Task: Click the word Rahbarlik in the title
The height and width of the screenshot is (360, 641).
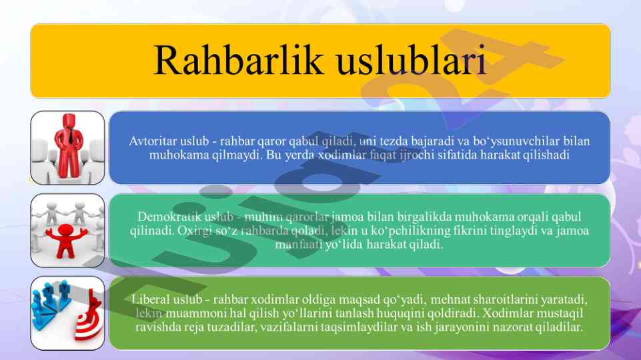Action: tap(239, 60)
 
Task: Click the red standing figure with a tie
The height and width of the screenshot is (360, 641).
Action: tap(69, 145)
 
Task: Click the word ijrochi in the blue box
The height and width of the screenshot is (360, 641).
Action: tap(414, 155)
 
